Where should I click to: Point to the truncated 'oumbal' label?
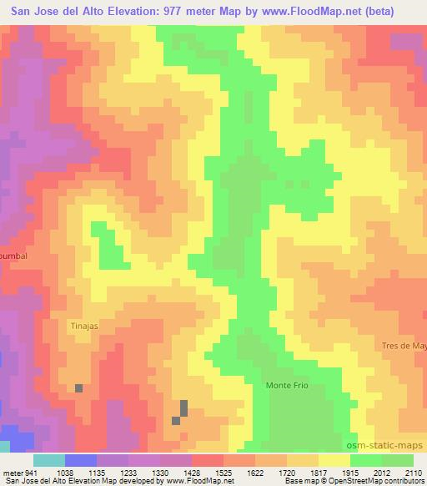(x=14, y=257)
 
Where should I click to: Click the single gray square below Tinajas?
(x=79, y=388)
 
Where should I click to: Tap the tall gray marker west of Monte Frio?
(x=183, y=408)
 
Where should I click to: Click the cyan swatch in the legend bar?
(x=50, y=460)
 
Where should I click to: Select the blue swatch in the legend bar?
(x=80, y=460)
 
